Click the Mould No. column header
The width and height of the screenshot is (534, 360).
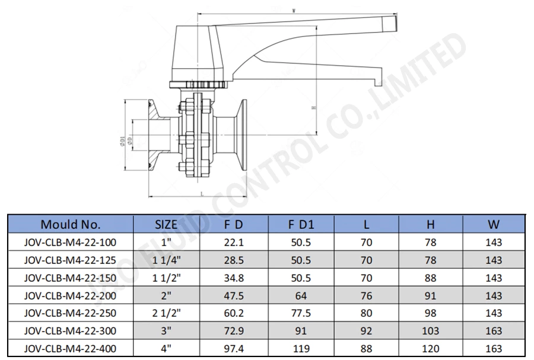tap(71, 224)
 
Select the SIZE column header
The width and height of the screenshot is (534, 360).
tap(166, 224)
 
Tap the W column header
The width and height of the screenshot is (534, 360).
tap(493, 224)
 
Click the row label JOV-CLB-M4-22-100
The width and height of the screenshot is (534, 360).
tap(71, 242)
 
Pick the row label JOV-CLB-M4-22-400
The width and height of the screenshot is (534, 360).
tap(71, 348)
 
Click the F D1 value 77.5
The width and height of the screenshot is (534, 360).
tap(301, 313)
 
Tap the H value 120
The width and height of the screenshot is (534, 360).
tap(431, 348)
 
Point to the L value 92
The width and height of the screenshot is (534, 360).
tap(367, 331)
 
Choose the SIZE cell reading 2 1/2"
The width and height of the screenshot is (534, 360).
tap(166, 313)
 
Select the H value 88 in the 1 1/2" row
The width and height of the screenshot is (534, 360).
tap(431, 278)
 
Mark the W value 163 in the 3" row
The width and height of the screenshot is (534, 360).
tap(493, 331)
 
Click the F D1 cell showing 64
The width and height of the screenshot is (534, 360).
tap(301, 295)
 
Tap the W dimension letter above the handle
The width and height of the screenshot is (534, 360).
tap(295, 10)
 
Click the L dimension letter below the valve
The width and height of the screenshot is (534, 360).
tap(202, 193)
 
